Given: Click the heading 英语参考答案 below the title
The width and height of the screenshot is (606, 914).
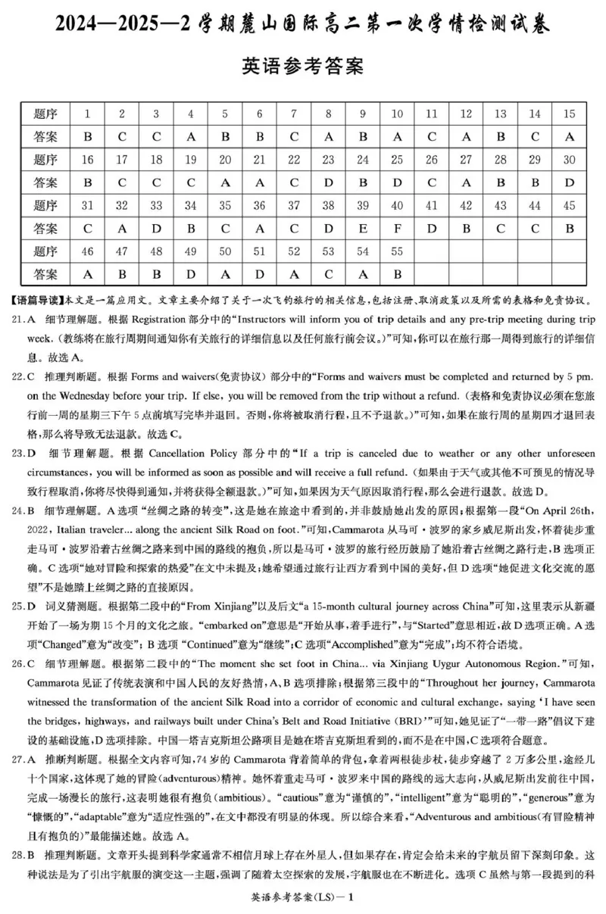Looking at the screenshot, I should pos(302,67).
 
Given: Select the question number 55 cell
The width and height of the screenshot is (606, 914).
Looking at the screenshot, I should pos(397,251).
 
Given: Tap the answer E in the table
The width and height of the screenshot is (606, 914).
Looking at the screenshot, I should pos(362,228).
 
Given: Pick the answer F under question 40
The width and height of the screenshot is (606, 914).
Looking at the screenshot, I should pos(397,228).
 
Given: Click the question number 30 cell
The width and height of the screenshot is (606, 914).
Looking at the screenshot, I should pos(569,160).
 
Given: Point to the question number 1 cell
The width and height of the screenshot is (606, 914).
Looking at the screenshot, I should pos(87,114).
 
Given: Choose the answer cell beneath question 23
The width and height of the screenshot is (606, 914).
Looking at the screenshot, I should pos(328,182).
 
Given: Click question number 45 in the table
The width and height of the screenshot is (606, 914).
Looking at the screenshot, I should pos(569,205).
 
